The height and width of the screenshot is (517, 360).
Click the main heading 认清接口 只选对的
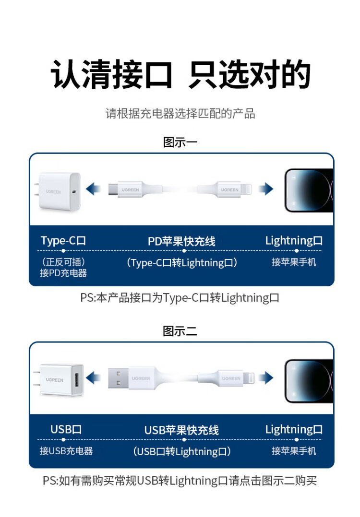pos(180,74)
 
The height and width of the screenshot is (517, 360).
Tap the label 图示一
pos(180,142)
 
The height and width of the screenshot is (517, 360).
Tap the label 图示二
pos(180,331)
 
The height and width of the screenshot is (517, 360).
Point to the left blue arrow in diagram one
pos(94,189)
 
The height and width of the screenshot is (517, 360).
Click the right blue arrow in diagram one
pos(266,189)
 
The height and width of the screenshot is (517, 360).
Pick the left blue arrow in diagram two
pos(94,378)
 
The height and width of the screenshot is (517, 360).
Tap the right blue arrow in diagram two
pos(266,378)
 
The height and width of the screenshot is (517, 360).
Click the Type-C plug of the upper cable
pos(113,189)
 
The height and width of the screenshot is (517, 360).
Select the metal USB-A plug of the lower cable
pos(118,378)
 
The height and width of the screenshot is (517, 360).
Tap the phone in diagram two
pos(309,381)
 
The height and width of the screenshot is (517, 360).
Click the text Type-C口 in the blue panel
pos(63,241)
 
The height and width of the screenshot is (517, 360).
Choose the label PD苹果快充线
pos(181,241)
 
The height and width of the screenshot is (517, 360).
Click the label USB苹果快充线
pos(181,430)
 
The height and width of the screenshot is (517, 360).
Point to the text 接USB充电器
pos(66,451)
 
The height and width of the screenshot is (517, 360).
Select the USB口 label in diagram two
pos(66,429)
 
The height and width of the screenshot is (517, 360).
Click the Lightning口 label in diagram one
pos(294,241)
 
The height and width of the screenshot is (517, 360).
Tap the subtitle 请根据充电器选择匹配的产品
pos(180,114)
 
